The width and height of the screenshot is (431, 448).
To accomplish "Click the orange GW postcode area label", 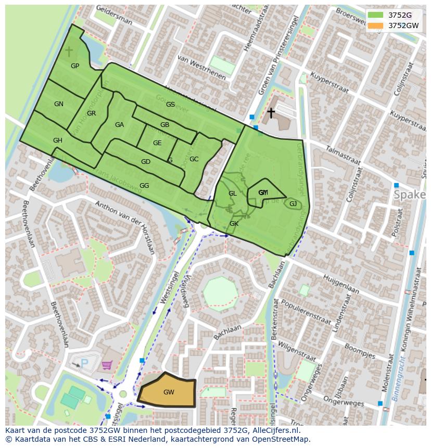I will [x=169, y=392].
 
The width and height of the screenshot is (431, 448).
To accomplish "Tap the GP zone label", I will [x=75, y=66].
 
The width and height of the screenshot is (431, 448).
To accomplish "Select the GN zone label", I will [x=59, y=104].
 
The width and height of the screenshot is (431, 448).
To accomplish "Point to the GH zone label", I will [x=57, y=140].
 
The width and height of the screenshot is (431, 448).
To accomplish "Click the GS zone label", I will [x=170, y=105].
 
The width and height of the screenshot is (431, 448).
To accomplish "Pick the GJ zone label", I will [x=293, y=203].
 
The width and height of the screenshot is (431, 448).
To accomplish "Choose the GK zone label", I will [x=234, y=224].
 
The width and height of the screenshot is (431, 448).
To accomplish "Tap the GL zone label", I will [x=232, y=194].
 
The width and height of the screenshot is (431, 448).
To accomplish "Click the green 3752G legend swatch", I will [x=375, y=15].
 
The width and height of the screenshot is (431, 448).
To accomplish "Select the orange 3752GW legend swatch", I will [x=375, y=25].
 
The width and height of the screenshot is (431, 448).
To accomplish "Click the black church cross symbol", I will [x=271, y=112].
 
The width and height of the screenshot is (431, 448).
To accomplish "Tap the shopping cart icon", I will [x=107, y=366].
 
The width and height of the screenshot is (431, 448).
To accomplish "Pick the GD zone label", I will [x=146, y=162].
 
